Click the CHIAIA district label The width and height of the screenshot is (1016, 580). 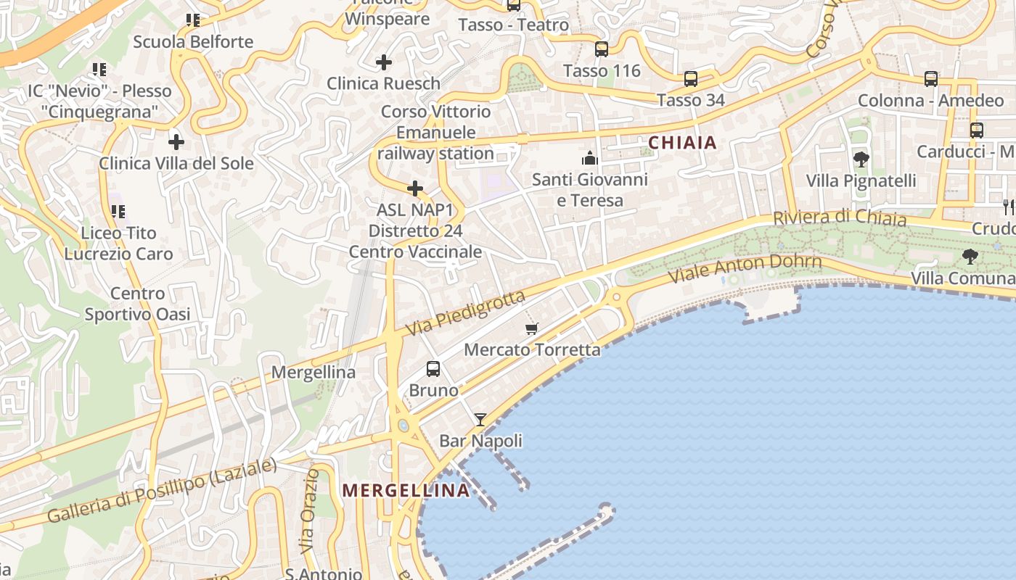tap(682, 143)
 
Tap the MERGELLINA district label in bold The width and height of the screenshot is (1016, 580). tap(406, 491)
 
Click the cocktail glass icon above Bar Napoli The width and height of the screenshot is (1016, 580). tap(480, 419)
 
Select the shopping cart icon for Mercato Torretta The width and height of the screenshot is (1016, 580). tap(532, 328)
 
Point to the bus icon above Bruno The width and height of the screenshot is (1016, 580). tap(433, 368)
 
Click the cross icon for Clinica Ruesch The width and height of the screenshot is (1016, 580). tap(384, 62)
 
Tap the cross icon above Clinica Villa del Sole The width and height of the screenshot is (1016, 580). tap(176, 142)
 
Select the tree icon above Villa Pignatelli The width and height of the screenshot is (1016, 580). tap(861, 159)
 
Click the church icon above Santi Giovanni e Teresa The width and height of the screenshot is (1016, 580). tap(589, 157)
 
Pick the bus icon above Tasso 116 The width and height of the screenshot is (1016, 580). tap(602, 49)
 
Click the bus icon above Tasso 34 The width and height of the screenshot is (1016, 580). tap(691, 78)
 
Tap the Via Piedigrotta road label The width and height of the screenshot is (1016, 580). tap(464, 313)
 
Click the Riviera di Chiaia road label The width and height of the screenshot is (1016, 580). tap(840, 217)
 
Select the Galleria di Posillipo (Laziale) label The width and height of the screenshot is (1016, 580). tap(162, 491)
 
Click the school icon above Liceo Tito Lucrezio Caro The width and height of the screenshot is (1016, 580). tap(118, 212)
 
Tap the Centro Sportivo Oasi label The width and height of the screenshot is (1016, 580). tap(137, 304)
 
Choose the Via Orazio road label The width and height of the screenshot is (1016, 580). tap(310, 510)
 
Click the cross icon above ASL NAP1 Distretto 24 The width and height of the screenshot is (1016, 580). tap(415, 188)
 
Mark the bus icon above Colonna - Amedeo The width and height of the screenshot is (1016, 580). tap(931, 78)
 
